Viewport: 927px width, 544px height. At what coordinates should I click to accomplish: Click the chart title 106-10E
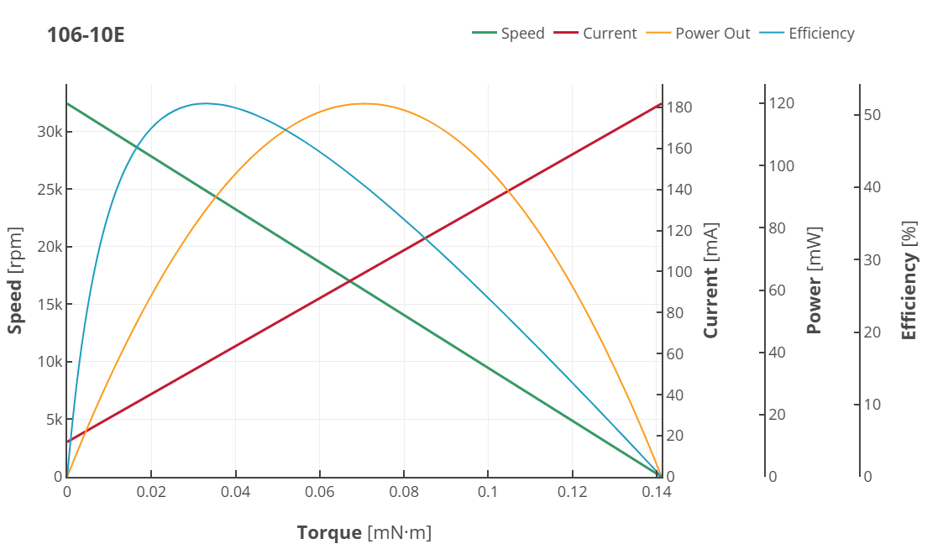pyautogui.click(x=86, y=35)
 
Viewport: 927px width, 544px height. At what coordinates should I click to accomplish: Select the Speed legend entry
pyautogui.click(x=521, y=34)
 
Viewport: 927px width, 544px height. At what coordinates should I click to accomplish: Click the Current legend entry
pyautogui.click(x=609, y=34)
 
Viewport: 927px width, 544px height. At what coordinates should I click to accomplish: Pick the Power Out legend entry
pyautogui.click(x=712, y=34)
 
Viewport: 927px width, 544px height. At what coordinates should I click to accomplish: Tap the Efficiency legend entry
pyautogui.click(x=820, y=34)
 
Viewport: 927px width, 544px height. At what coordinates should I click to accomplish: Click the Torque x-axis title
pyautogui.click(x=364, y=532)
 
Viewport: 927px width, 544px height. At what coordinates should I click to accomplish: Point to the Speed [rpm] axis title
pyautogui.click(x=14, y=280)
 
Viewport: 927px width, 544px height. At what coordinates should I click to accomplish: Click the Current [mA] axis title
pyautogui.click(x=711, y=280)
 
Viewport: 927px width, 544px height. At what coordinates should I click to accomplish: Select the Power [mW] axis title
pyautogui.click(x=814, y=280)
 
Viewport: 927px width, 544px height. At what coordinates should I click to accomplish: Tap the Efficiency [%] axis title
pyautogui.click(x=909, y=280)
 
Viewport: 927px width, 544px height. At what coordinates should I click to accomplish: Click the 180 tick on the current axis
pyautogui.click(x=679, y=107)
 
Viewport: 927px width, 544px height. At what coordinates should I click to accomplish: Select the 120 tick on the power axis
pyautogui.click(x=782, y=102)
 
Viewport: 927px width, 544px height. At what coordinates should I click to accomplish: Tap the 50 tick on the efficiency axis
pyautogui.click(x=872, y=114)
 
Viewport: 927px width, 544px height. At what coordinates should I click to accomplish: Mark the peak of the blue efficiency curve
pyautogui.click(x=205, y=103)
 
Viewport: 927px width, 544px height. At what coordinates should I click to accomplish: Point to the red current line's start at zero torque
pyautogui.click(x=67, y=442)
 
